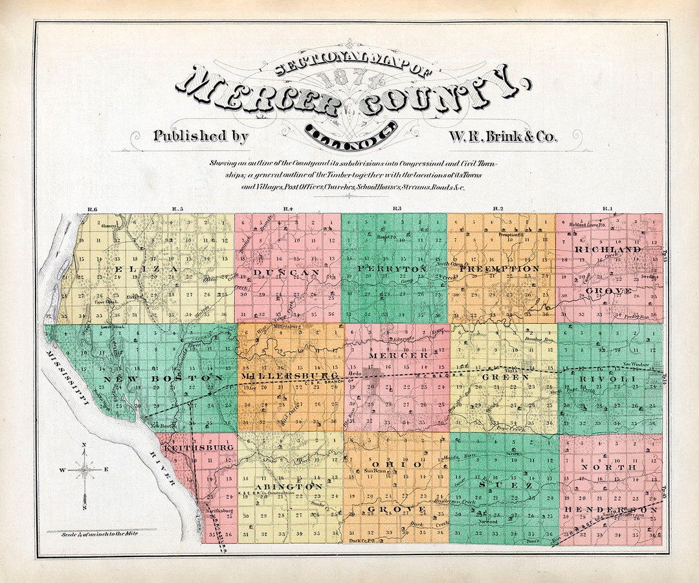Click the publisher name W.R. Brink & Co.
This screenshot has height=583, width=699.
(x=502, y=137)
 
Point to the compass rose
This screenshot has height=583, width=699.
(x=85, y=470)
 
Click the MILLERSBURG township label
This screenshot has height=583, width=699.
(x=289, y=376)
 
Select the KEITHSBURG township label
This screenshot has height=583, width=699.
(x=192, y=448)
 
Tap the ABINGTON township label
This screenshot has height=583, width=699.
(x=289, y=485)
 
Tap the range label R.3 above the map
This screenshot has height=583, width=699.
(x=396, y=209)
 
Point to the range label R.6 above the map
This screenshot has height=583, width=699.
(x=91, y=209)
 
